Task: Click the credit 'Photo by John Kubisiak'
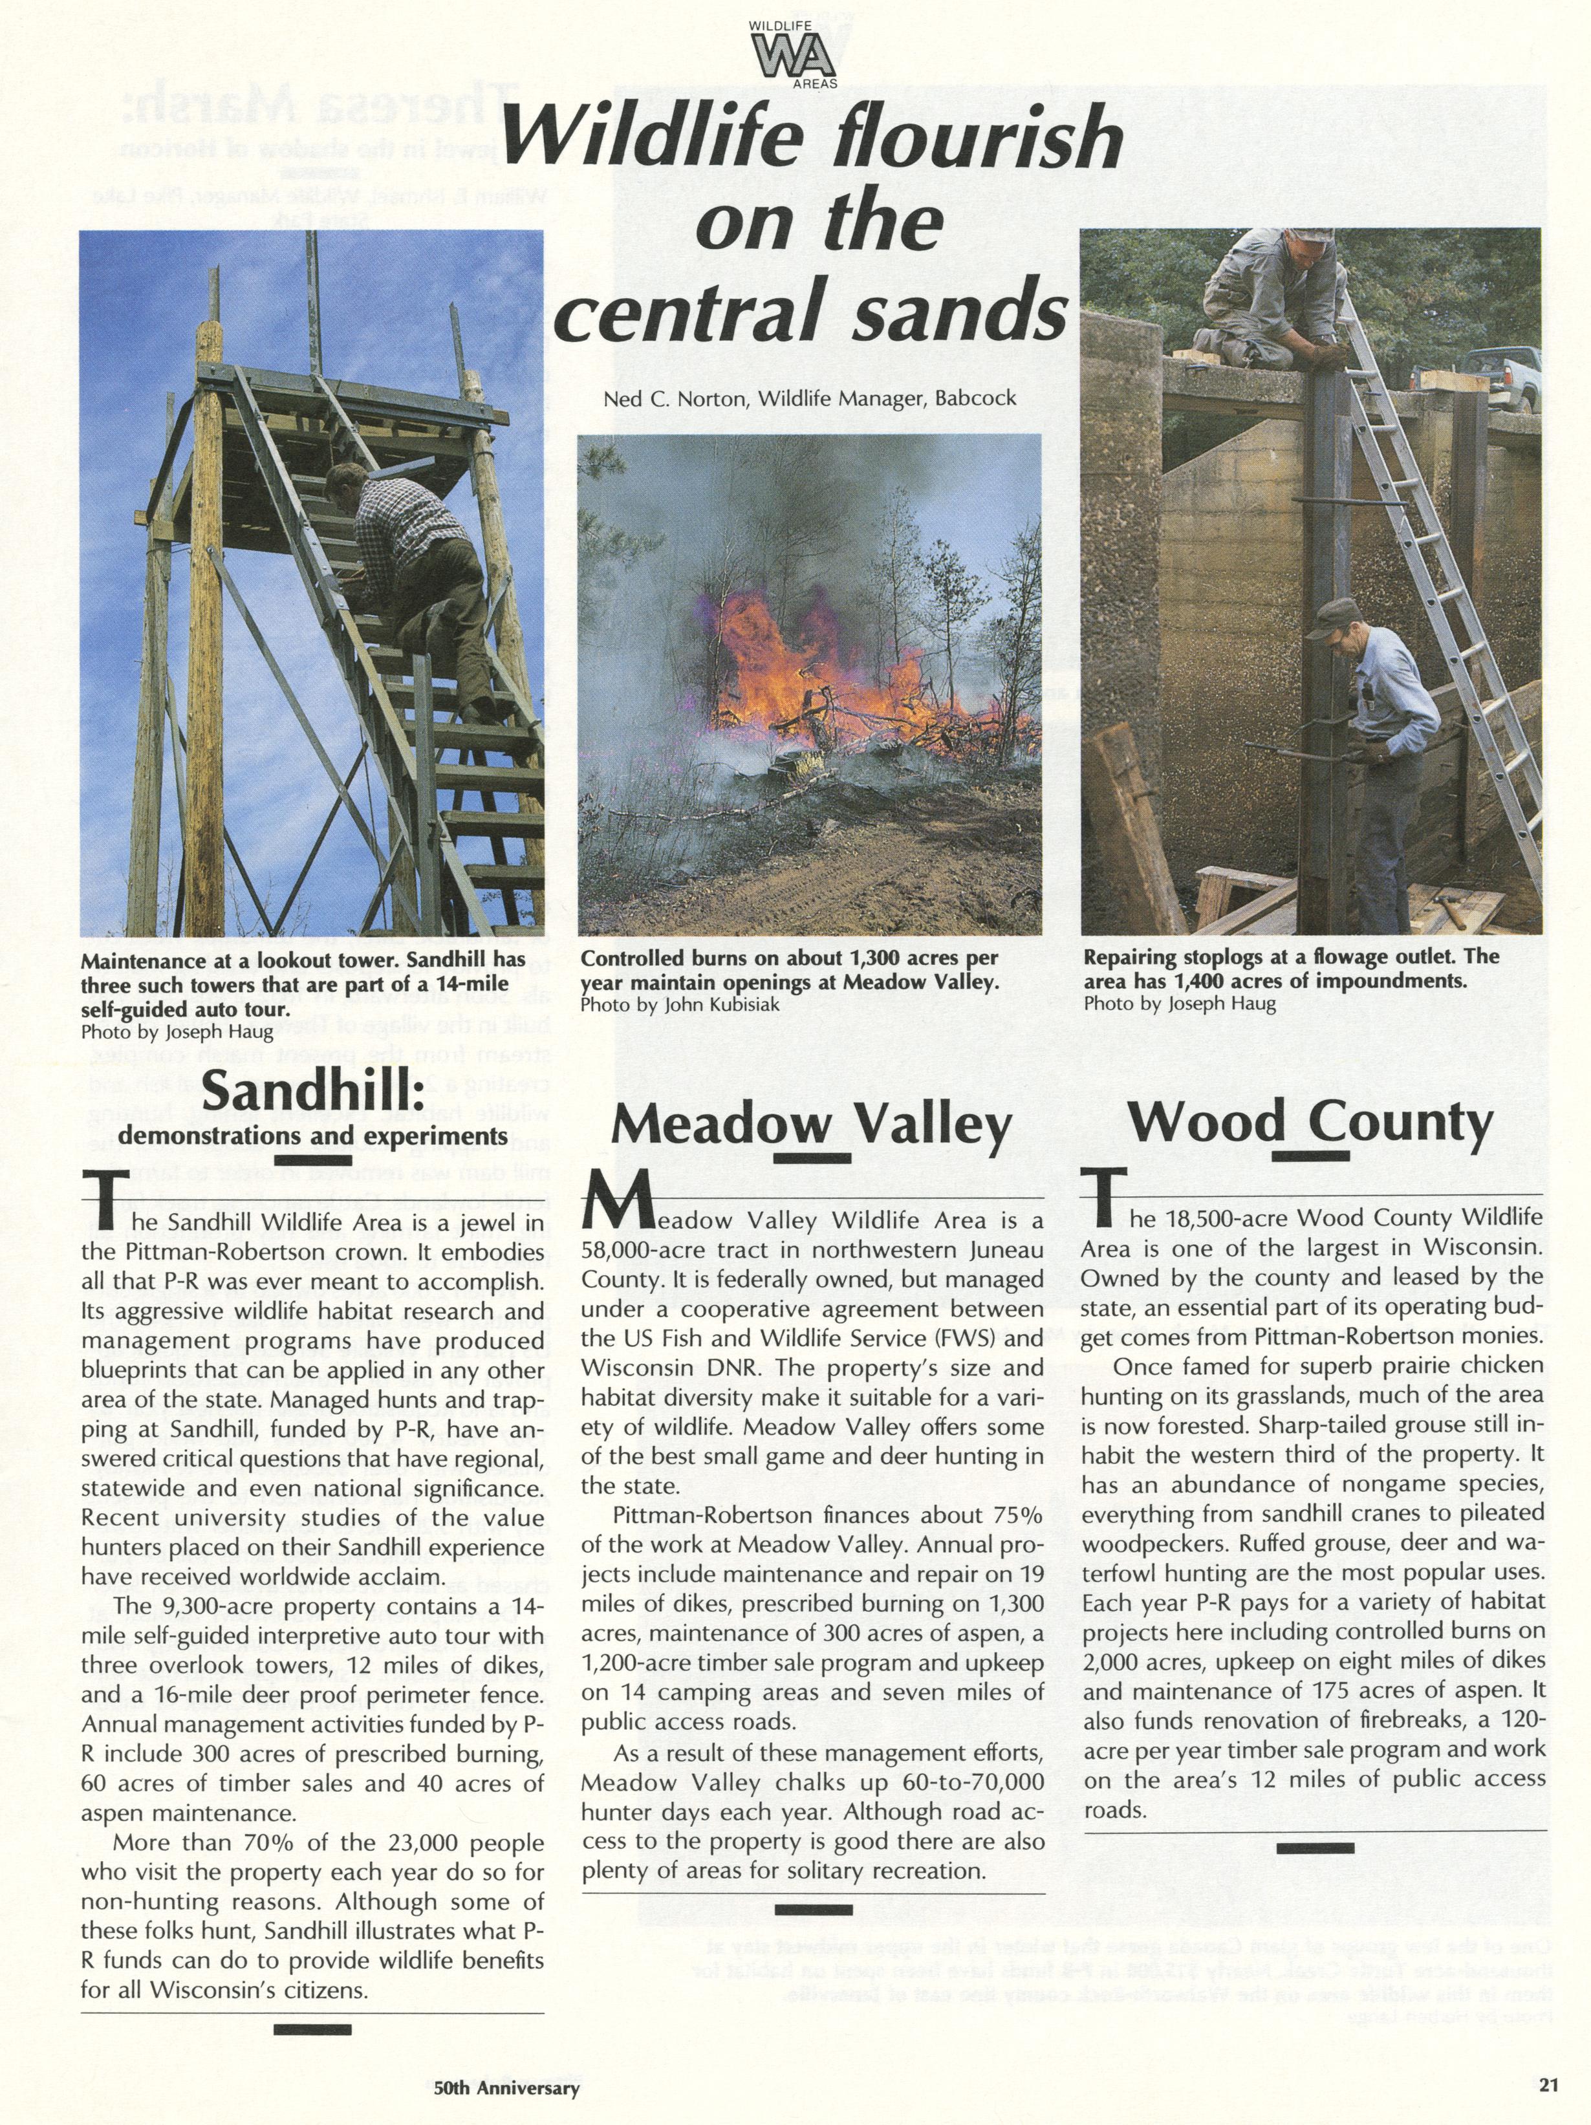click(x=679, y=1004)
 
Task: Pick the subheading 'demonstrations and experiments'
click(x=313, y=1136)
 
